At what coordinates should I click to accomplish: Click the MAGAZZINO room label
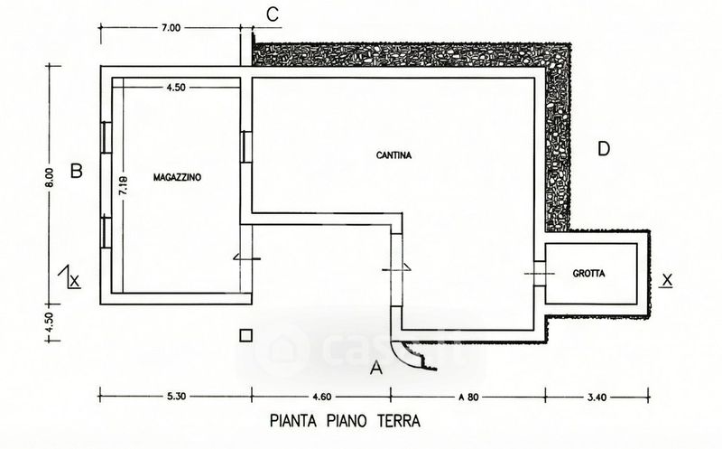click(x=177, y=177)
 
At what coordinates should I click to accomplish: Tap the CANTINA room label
click(x=393, y=154)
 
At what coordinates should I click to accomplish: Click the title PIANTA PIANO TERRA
click(x=346, y=420)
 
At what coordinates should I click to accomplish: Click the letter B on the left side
click(x=78, y=170)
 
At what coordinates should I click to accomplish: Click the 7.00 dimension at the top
click(x=171, y=28)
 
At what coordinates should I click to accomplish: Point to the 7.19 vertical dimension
click(x=125, y=186)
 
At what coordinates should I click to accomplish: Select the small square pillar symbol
click(x=245, y=335)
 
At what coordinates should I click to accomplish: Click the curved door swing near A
click(x=418, y=354)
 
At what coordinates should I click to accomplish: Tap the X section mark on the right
click(x=667, y=279)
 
